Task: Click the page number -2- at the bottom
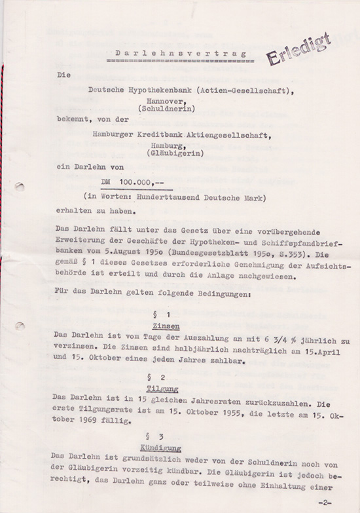(324, 502)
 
